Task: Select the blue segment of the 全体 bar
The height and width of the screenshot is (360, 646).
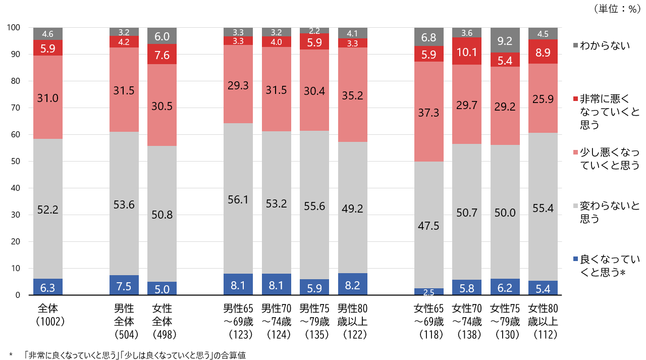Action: [x=48, y=287]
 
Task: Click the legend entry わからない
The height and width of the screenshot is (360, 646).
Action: [x=605, y=46]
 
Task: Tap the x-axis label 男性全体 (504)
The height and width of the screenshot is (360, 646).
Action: [x=124, y=321]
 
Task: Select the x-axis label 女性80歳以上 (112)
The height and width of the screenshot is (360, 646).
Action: [x=543, y=321]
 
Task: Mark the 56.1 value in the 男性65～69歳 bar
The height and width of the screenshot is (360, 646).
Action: [x=238, y=200]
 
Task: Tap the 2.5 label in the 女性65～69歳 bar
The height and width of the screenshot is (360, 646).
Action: [x=429, y=292]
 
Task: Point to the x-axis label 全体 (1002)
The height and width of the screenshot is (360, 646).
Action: [x=48, y=314]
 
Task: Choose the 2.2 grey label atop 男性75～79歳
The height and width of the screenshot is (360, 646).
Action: [x=314, y=31]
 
